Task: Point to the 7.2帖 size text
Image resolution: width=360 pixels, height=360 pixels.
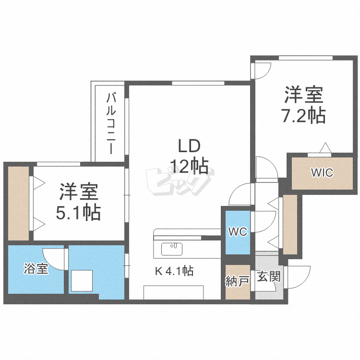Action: click(303, 116)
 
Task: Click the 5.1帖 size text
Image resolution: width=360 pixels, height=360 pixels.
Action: click(78, 212)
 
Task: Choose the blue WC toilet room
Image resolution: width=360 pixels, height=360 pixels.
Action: click(237, 232)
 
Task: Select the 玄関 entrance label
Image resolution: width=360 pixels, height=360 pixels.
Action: click(268, 277)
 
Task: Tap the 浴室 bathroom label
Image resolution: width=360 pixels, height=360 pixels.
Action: click(36, 269)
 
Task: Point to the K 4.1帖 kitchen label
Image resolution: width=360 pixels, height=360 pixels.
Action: click(174, 271)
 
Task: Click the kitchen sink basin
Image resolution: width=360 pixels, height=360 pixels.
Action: click(172, 249)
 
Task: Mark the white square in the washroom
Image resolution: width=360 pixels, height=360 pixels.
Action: click(82, 281)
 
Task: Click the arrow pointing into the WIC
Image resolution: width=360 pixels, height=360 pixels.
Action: click(325, 147)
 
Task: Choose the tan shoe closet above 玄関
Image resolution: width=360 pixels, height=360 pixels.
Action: click(290, 224)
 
